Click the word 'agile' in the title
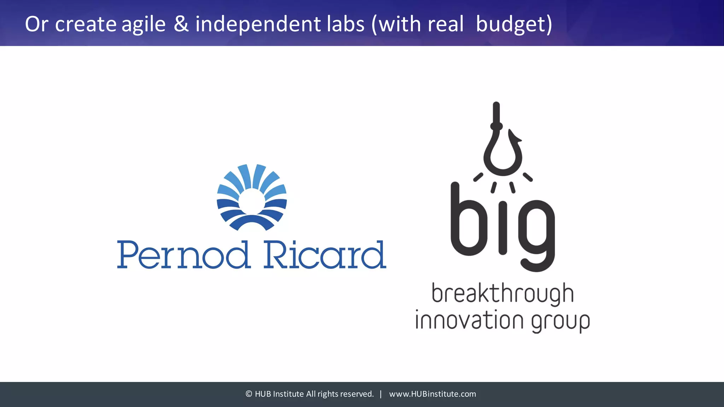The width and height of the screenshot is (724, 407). click(x=144, y=24)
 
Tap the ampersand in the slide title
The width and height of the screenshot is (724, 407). click(x=181, y=24)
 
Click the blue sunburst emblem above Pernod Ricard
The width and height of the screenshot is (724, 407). click(x=252, y=197)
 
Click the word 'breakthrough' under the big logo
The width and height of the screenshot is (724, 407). click(x=502, y=294)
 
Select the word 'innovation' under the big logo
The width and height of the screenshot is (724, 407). click(x=469, y=320)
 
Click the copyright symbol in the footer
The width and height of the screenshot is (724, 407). click(x=249, y=394)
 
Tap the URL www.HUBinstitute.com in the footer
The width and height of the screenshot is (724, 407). click(x=432, y=394)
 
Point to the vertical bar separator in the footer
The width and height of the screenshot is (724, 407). click(x=381, y=394)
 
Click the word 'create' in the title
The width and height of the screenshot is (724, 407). click(x=86, y=24)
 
